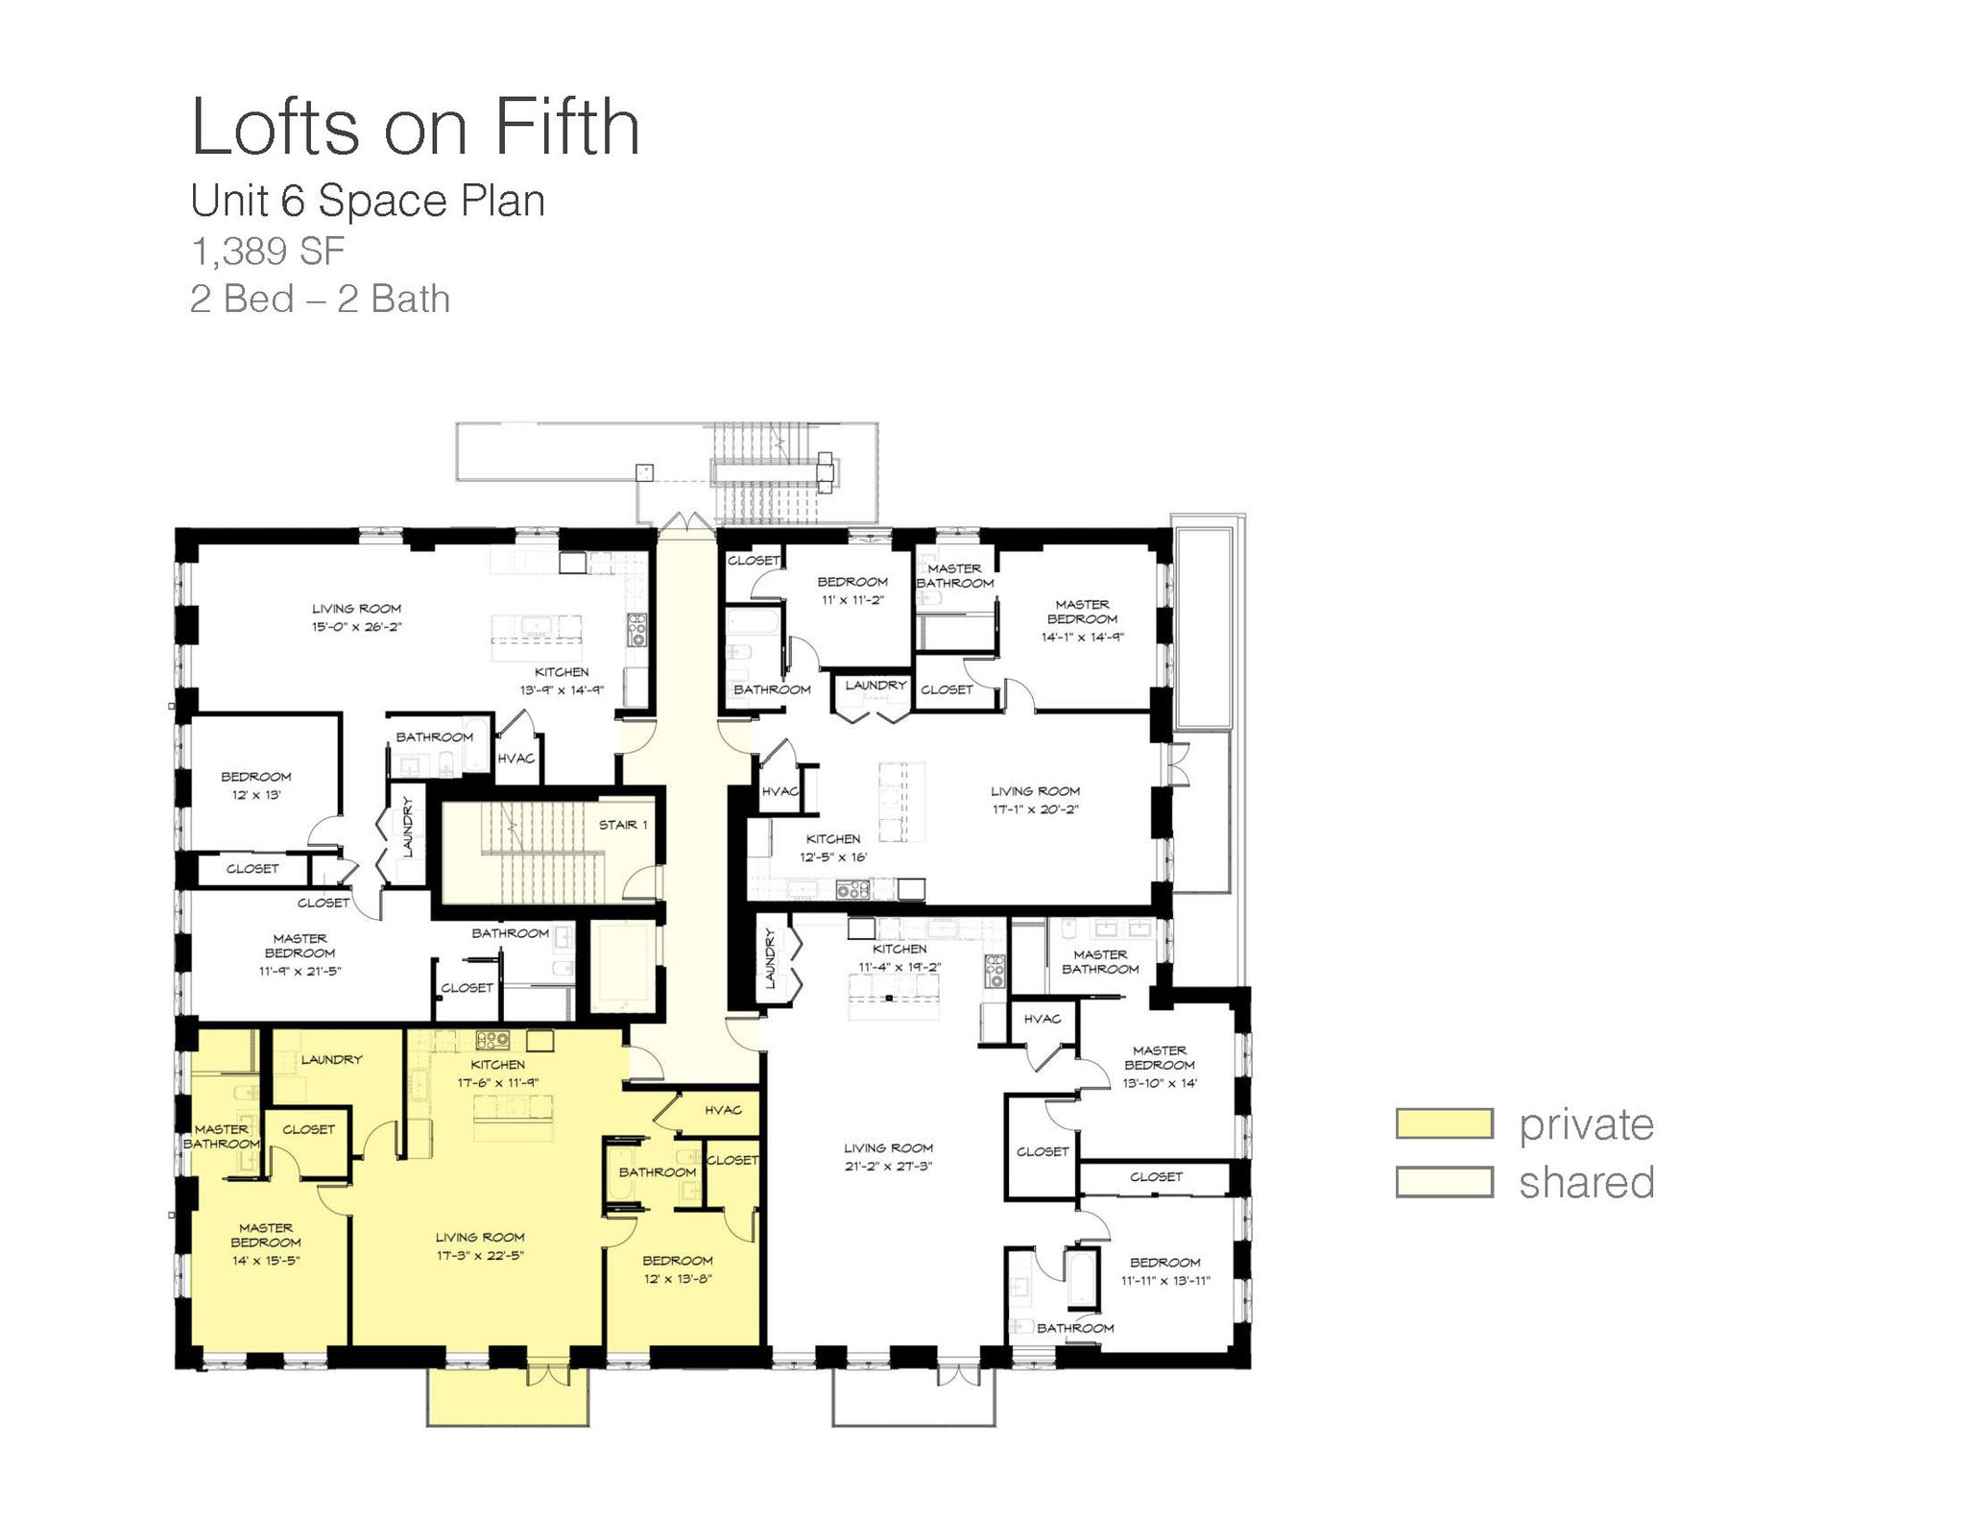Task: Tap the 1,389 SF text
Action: point(268,252)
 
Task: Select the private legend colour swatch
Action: point(1445,1123)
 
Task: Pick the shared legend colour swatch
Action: point(1445,1182)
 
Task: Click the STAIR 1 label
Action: point(623,825)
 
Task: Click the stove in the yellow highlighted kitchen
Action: point(492,1039)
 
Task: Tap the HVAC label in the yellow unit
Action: point(723,1110)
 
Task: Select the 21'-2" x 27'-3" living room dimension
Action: point(888,1167)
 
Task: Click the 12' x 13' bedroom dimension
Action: point(256,795)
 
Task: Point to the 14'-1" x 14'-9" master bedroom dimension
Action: point(1083,637)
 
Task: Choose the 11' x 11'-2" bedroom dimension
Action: point(852,600)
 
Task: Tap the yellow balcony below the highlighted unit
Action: point(508,1397)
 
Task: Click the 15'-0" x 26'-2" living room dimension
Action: point(356,627)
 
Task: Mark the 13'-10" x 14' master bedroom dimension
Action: point(1160,1083)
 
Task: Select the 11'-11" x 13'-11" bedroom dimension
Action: point(1165,1281)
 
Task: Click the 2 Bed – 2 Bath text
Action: point(320,299)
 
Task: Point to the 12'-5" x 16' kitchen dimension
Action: point(833,857)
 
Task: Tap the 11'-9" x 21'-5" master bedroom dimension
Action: point(300,971)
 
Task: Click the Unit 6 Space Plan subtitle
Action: point(368,201)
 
